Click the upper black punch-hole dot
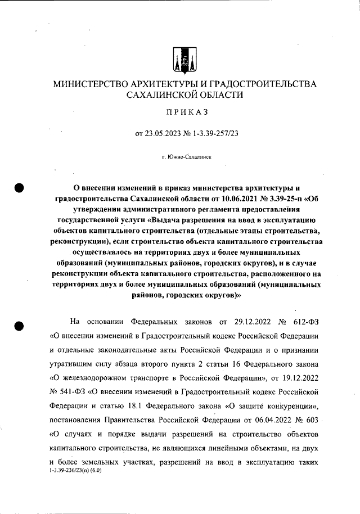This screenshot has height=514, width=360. point(21,188)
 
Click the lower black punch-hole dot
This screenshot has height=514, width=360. point(21,326)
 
